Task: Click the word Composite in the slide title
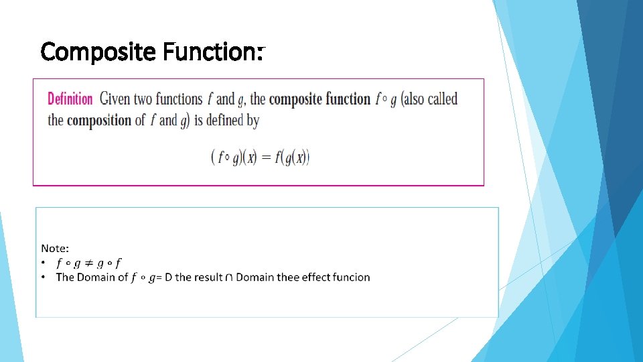98,52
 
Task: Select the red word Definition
70,99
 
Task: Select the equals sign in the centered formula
265,158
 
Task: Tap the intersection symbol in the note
230,278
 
